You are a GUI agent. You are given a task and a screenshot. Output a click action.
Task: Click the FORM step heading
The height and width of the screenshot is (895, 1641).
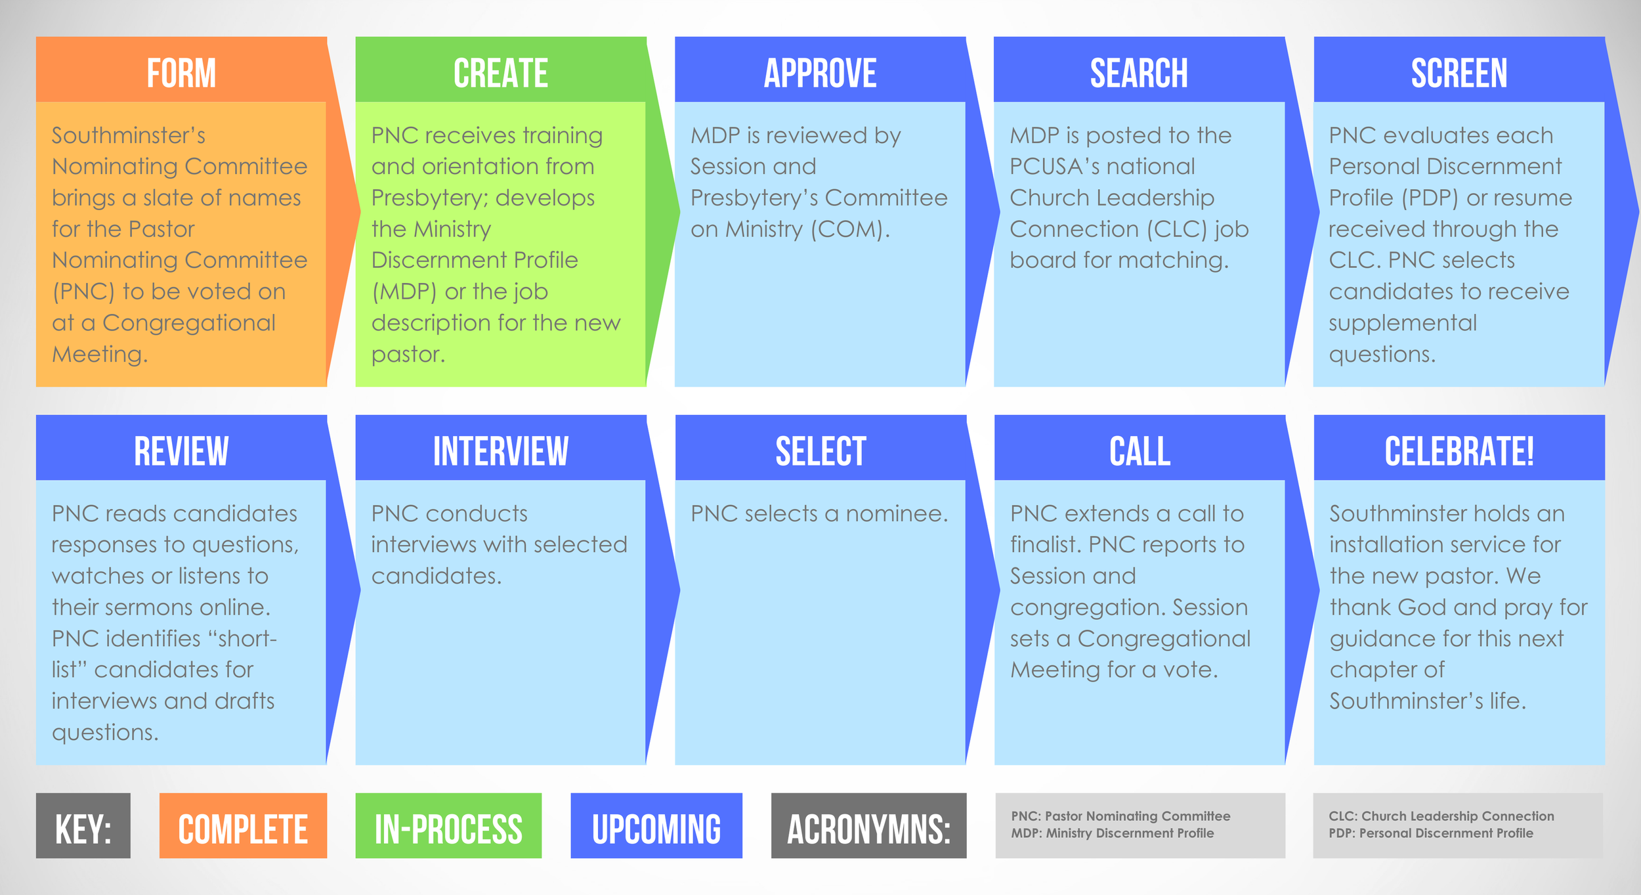coord(181,72)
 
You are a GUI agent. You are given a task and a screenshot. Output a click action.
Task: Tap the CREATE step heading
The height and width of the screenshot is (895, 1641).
coord(500,72)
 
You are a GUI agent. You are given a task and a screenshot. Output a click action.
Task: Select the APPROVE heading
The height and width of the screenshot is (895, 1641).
coord(820,72)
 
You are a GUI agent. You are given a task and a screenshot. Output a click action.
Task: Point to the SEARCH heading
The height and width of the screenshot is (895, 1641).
coord(1139,72)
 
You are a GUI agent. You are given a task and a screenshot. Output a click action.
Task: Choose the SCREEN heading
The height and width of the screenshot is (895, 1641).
coord(1459,72)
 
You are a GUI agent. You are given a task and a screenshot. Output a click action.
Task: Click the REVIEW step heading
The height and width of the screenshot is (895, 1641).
coord(181,450)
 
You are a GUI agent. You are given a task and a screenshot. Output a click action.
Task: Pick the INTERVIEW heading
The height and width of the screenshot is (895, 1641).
coord(500,450)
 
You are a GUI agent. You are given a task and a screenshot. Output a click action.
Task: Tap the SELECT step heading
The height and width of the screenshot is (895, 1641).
coord(820,450)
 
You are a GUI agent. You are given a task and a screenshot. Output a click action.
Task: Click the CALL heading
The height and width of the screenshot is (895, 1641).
coord(1140,450)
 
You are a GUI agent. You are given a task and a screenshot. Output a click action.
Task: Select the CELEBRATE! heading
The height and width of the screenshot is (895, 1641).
coord(1459,450)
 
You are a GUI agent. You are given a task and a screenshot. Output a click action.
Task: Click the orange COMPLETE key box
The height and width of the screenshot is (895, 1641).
coord(243,826)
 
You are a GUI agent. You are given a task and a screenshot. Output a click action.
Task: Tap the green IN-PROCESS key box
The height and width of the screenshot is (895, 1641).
coord(448,826)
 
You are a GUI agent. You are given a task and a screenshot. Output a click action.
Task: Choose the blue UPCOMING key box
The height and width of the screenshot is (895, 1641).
coord(656,826)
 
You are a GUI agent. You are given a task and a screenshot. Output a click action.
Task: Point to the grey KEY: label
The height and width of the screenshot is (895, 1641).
coord(83,826)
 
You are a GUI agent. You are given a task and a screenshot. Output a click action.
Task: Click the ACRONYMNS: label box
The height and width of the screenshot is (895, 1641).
coord(868,826)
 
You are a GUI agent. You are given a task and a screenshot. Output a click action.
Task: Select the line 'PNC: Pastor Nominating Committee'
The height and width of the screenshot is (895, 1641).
coord(1120,816)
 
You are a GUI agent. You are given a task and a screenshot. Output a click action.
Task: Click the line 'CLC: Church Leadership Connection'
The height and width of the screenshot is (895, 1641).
coord(1441,816)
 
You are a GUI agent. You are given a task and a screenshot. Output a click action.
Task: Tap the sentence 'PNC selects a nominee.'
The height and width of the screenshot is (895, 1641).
coord(819,513)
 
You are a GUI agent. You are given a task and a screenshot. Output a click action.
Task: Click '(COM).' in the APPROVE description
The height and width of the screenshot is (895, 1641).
coord(850,229)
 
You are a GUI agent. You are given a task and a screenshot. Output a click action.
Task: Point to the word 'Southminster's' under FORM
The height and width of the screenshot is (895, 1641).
coord(129,135)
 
